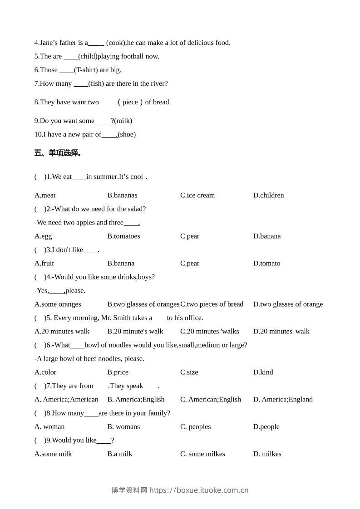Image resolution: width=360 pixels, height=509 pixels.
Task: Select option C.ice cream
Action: click(x=197, y=195)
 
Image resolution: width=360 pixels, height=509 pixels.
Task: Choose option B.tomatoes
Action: click(x=123, y=236)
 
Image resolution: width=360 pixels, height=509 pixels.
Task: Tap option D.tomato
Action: click(x=266, y=263)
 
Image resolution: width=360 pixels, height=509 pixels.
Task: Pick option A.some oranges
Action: click(x=58, y=304)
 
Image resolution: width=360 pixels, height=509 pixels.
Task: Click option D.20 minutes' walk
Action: click(x=281, y=331)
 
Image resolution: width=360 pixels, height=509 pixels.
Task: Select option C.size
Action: click(x=189, y=372)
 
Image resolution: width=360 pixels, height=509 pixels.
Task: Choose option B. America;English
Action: click(x=136, y=399)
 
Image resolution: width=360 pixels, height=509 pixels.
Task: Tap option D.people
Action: click(x=266, y=426)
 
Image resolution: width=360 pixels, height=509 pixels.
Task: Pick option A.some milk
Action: click(x=53, y=454)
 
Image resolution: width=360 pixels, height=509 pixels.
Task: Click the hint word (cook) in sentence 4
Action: click(x=115, y=43)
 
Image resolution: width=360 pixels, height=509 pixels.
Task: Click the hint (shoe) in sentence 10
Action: click(x=127, y=134)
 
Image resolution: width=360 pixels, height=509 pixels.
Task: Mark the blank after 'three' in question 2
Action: click(x=131, y=222)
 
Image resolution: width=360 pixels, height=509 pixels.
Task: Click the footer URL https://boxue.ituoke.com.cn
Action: click(x=199, y=490)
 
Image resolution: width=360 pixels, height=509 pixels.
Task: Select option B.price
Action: click(x=118, y=372)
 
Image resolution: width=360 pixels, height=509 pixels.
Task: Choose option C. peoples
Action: click(x=196, y=426)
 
